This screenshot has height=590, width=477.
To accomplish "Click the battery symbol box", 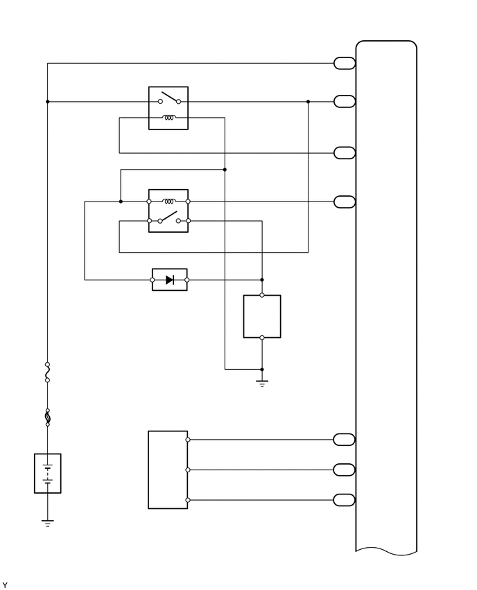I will tap(48, 473).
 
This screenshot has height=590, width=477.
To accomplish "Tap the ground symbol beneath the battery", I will tap(48, 523).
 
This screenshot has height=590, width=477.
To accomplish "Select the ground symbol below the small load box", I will tap(262, 383).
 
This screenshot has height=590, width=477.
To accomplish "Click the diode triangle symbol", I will tap(170, 280).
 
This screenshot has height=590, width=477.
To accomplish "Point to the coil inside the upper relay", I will tap(168, 118).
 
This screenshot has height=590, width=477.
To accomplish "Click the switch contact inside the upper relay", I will tap(168, 98).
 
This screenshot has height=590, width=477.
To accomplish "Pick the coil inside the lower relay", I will tap(168, 202).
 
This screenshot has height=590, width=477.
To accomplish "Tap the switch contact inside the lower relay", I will tap(168, 218).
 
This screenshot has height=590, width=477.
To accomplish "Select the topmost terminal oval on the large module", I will tap(345, 64).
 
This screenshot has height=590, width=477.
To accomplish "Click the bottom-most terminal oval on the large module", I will tap(345, 500).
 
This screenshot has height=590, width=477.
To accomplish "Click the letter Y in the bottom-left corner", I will tap(5, 586).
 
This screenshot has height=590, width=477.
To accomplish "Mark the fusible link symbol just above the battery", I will tap(48, 418).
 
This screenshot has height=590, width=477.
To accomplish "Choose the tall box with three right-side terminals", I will tap(168, 470).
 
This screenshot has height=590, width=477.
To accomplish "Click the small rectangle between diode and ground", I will tap(262, 316).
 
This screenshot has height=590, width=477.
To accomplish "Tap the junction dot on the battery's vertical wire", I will tap(48, 102).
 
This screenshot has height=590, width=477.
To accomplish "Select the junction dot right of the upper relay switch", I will tap(308, 102).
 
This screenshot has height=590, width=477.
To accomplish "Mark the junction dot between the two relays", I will tap(225, 169).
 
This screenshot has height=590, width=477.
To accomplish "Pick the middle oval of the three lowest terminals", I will tap(345, 470).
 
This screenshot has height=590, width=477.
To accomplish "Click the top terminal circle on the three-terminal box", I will tap(188, 440).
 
